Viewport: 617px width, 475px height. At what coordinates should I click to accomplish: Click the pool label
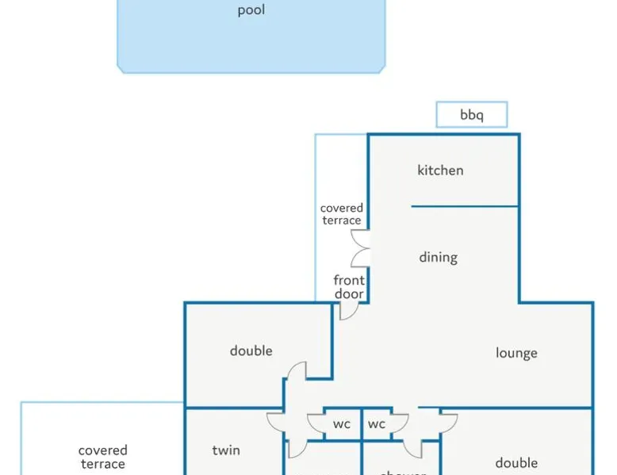(251, 10)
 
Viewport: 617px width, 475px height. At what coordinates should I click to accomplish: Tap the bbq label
(471, 115)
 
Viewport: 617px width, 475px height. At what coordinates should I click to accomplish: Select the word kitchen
(440, 170)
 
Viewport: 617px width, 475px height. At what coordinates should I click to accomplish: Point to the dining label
(438, 257)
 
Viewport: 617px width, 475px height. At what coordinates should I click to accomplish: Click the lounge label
(516, 353)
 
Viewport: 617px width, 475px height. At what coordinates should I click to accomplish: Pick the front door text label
(349, 287)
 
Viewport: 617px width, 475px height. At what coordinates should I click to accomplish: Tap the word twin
(226, 450)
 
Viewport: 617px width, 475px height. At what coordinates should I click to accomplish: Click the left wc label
(341, 424)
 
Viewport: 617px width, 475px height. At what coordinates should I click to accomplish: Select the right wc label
(377, 424)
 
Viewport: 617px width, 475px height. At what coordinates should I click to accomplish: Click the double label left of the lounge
(251, 351)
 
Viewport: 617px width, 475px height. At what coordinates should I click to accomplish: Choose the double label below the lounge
(516, 462)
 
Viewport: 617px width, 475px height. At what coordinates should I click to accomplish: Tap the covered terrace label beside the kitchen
(342, 214)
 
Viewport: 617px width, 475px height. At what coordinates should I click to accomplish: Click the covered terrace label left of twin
(102, 458)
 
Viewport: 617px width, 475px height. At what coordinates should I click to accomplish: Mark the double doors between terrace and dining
(362, 248)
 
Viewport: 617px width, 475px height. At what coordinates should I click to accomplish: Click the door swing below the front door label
(348, 310)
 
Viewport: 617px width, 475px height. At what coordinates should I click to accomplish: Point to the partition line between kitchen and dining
(464, 207)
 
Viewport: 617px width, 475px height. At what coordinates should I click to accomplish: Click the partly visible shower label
(403, 473)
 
